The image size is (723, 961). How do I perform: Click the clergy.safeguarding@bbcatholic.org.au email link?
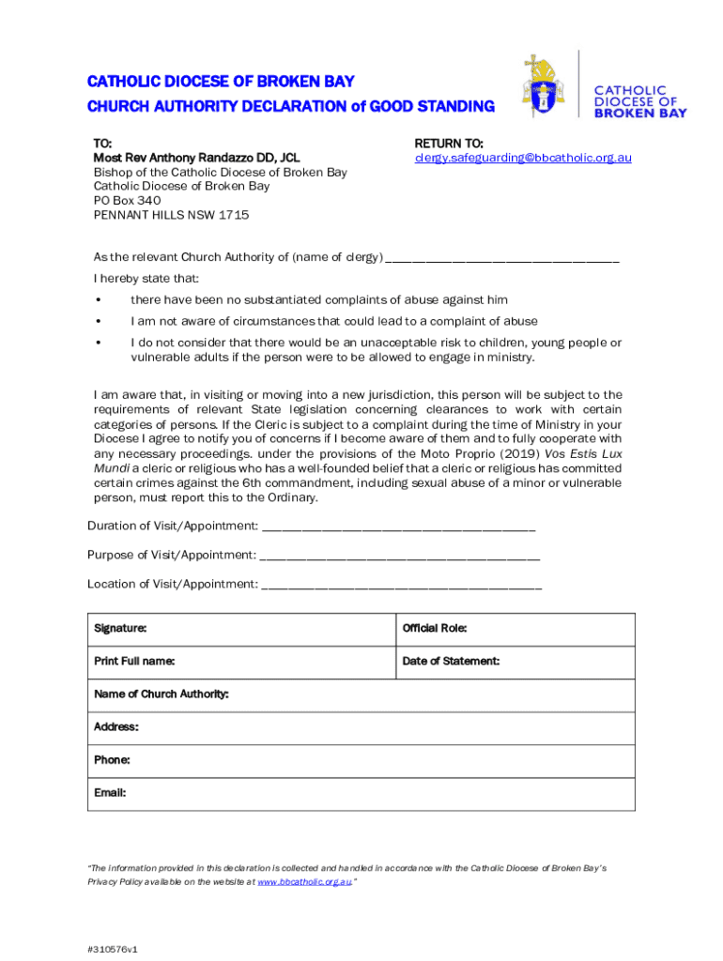523,158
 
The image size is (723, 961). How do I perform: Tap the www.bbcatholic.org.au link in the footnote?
303,883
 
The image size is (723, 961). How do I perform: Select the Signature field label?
120,629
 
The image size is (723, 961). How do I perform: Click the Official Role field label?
435,629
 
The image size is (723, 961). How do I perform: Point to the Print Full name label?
134,662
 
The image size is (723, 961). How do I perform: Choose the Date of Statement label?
451,662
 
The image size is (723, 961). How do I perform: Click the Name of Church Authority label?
162,694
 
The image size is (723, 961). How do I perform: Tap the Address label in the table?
116,727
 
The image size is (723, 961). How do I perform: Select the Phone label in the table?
112,760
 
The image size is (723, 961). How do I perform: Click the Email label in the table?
110,793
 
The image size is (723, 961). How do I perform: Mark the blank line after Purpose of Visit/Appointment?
400,556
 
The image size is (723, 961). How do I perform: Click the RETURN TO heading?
449,144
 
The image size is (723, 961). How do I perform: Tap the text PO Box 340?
127,200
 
